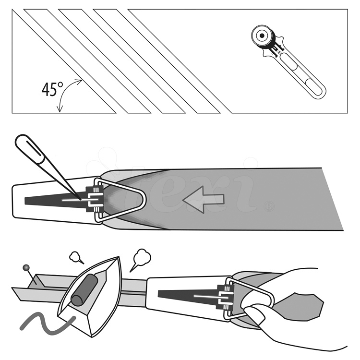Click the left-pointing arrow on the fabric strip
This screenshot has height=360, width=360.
coord(204,199)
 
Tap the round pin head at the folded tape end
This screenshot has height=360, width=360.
coord(24,266)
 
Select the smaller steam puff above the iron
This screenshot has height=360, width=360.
coord(76,257)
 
